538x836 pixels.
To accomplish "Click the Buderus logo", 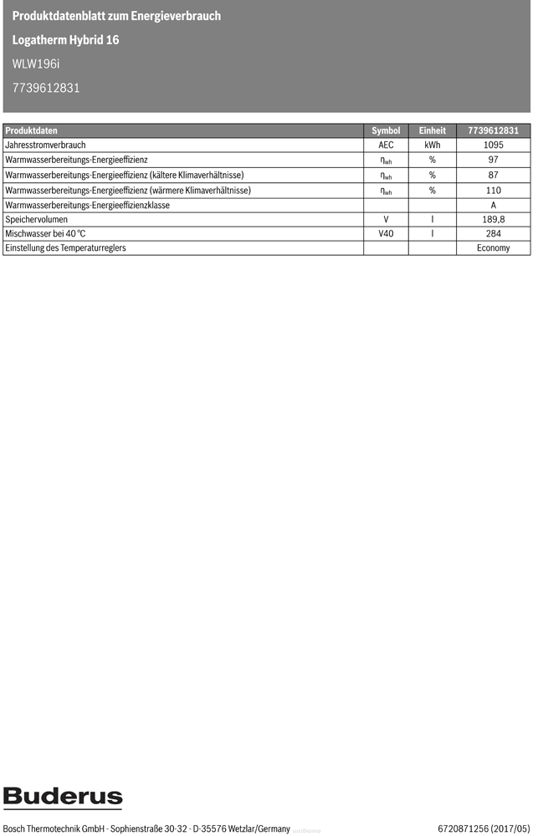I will tap(63, 798).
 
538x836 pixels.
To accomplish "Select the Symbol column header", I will tap(386, 130).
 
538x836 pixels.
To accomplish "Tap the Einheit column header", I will tap(432, 130).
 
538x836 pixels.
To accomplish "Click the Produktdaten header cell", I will tap(32, 130).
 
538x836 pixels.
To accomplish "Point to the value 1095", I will tap(493, 145).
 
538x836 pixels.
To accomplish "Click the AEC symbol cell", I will tap(386, 145).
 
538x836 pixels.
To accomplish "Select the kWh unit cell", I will tap(432, 145).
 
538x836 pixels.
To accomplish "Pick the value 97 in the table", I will tap(493, 161).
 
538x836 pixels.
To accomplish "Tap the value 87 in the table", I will tap(493, 176).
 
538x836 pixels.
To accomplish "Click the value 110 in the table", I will tap(493, 191).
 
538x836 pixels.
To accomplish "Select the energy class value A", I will tap(493, 206).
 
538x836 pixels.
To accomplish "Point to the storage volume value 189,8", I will tap(493, 219).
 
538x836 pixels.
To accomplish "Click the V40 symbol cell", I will tap(386, 234).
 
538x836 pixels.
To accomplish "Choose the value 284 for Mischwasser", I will tap(493, 234).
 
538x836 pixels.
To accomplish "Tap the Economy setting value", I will tap(493, 248).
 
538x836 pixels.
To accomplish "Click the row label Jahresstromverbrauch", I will tap(45, 145).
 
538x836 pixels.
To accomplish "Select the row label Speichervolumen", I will tap(37, 219).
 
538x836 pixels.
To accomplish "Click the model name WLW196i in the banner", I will tap(36, 64).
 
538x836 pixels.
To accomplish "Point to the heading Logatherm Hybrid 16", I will tap(65, 40).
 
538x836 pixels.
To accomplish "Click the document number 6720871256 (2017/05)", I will tap(484, 828).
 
